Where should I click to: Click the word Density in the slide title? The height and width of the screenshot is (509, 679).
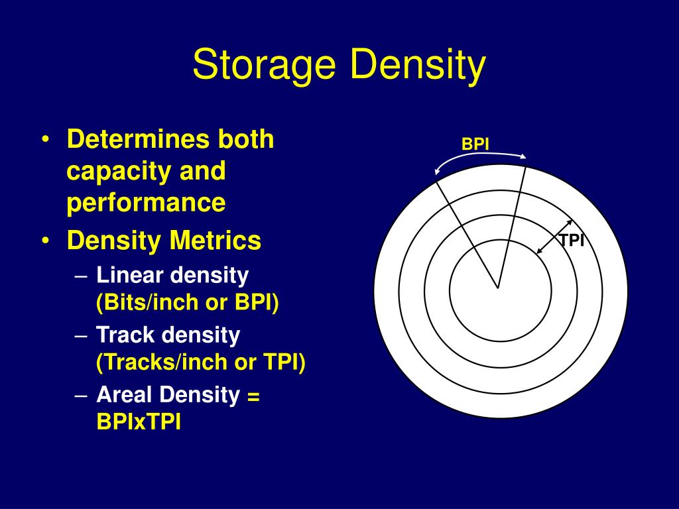tap(417, 66)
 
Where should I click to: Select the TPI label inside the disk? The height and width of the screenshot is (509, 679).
tap(571, 240)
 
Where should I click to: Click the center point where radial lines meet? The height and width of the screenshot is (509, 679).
tap(498, 288)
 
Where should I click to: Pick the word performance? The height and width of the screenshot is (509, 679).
tap(146, 203)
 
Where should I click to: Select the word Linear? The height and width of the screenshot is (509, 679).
tap(130, 274)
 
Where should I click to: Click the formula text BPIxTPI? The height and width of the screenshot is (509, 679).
tap(139, 423)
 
